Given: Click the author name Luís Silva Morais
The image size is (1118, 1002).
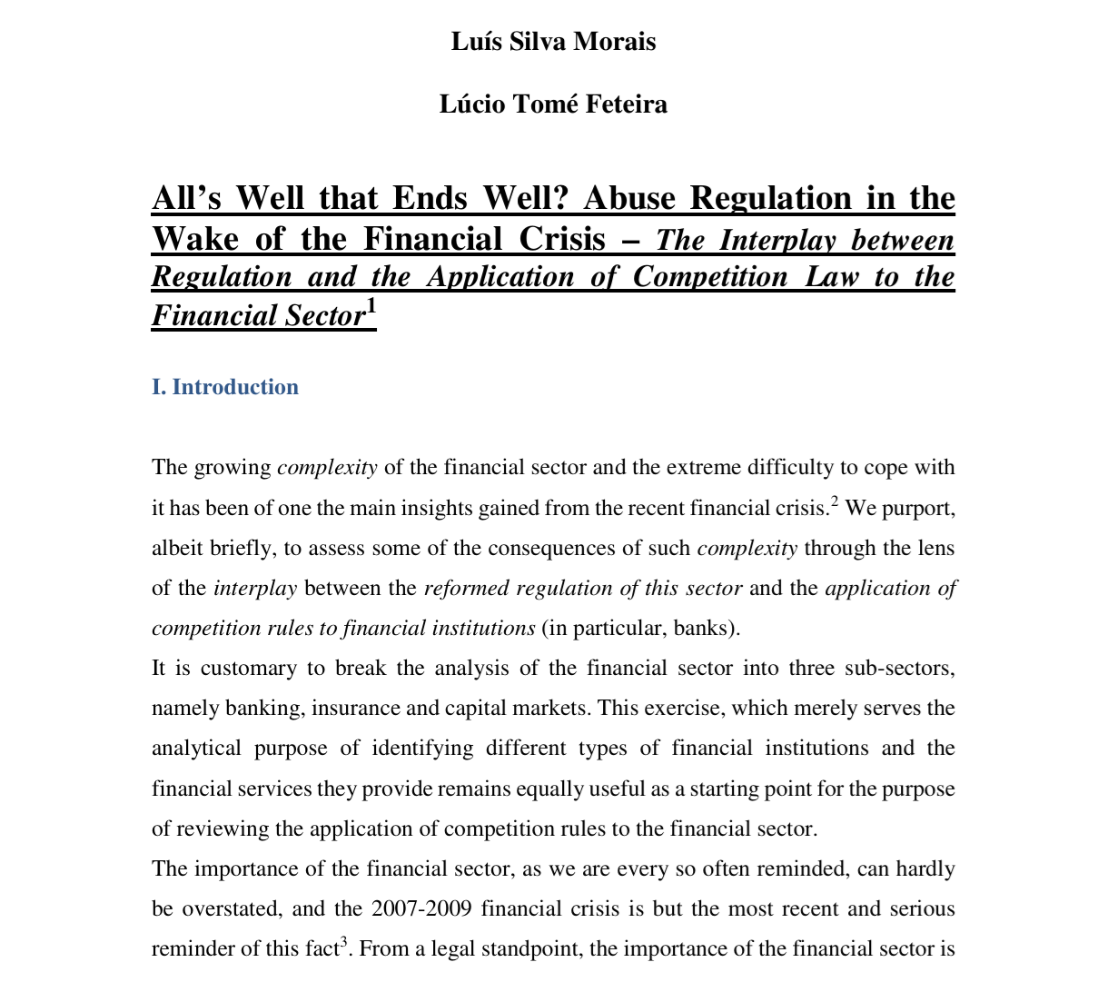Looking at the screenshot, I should coord(553,42).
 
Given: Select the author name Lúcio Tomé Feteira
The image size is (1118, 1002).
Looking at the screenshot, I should coord(553,104).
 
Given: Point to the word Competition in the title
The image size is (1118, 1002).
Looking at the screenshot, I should coord(710,276).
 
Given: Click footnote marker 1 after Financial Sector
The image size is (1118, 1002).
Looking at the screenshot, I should coord(371,307).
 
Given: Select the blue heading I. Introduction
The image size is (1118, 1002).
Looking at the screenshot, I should coord(225,387).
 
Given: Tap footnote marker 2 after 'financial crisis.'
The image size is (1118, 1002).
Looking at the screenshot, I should coord(835,501).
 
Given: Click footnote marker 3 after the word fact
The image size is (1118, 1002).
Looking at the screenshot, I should coord(344,942).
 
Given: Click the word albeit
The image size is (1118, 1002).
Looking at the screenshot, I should coord(178,549).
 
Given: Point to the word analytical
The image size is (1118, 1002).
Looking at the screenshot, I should coord(196,749).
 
